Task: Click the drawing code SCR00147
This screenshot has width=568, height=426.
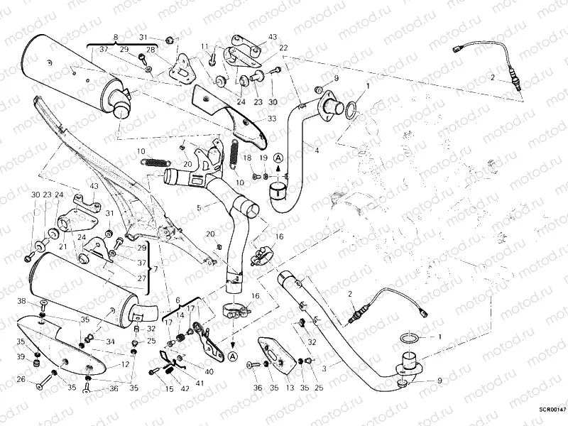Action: point(552,409)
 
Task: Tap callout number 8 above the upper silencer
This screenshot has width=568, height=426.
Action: point(116,36)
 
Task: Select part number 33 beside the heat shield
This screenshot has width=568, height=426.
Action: point(271,119)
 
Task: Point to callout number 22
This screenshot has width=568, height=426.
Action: point(283,48)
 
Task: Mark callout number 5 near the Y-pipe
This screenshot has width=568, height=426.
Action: point(199,208)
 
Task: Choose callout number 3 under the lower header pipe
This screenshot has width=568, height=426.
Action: point(325,368)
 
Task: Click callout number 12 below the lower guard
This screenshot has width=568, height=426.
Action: point(126,364)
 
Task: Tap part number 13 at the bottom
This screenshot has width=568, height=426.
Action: point(289,388)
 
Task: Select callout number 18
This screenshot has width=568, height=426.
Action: point(248,158)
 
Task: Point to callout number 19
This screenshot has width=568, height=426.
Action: point(263,158)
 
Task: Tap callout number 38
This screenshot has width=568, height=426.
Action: point(22,302)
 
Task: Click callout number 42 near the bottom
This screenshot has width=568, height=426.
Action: point(185,388)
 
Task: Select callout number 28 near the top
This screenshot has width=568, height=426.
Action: point(150,49)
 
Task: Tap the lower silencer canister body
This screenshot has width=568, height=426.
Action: point(78,288)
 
